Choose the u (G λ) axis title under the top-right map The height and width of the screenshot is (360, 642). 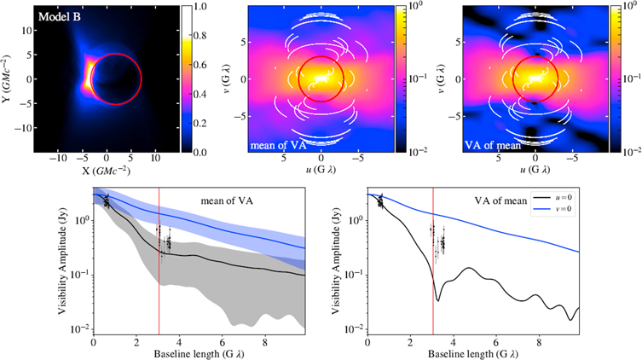coord(535,171)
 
